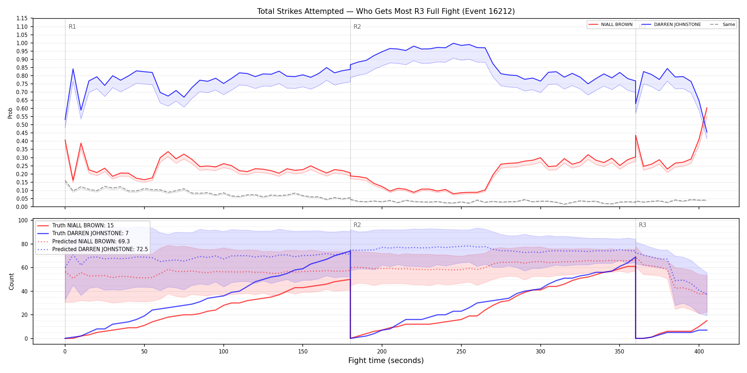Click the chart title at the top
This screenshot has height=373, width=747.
tap(386, 11)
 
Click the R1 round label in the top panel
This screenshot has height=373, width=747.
tap(72, 27)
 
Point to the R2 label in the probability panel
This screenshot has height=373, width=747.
tap(357, 27)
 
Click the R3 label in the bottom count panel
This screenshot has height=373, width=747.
tap(642, 225)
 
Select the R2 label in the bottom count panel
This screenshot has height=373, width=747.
tap(357, 225)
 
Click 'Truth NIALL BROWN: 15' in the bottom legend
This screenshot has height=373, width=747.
tap(83, 226)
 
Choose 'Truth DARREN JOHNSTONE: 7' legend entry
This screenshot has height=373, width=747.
tap(90, 233)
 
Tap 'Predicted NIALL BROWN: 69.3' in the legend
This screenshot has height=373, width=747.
tap(91, 242)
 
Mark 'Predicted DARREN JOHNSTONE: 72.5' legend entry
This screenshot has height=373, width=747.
tap(100, 249)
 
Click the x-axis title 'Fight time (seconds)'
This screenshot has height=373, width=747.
tap(386, 361)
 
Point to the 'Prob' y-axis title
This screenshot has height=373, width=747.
tap(10, 113)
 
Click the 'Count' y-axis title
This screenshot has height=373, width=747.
tap(11, 281)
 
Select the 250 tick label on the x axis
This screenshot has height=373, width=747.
tap(461, 352)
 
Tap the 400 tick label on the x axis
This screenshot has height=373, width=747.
tap(699, 352)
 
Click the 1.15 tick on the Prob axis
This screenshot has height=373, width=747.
tap(22, 18)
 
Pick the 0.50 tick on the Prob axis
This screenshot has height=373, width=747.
tap(22, 125)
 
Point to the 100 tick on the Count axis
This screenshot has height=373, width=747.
tap(23, 220)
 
